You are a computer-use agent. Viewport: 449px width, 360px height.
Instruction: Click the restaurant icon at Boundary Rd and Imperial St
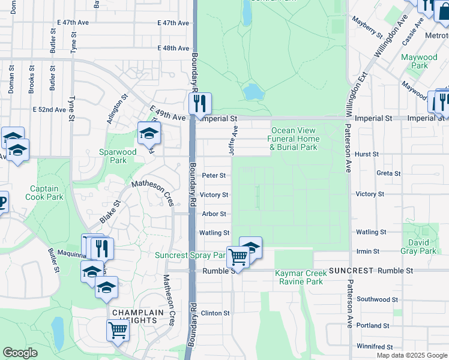click(200, 103)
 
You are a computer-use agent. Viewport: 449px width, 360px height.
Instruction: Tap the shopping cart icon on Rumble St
click(238, 257)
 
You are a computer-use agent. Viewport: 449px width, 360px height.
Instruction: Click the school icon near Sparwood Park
click(149, 133)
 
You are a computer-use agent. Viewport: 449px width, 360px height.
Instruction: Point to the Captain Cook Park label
click(46, 193)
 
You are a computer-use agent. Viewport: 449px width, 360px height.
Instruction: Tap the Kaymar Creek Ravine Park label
click(299, 277)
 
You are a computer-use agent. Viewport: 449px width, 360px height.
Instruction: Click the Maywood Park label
click(419, 61)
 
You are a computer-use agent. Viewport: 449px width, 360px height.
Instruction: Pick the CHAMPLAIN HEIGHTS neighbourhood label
click(134, 317)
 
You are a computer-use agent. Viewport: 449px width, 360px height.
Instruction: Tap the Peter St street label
click(214, 176)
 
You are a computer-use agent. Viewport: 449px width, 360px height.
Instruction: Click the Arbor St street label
click(214, 214)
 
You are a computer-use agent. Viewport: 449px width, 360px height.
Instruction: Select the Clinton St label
click(215, 313)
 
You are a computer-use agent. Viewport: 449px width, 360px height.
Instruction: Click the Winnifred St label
click(374, 347)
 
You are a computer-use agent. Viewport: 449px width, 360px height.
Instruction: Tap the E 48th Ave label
click(173, 48)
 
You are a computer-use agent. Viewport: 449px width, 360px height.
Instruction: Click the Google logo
click(20, 353)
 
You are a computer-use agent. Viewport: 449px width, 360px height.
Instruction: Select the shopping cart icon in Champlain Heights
click(118, 329)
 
